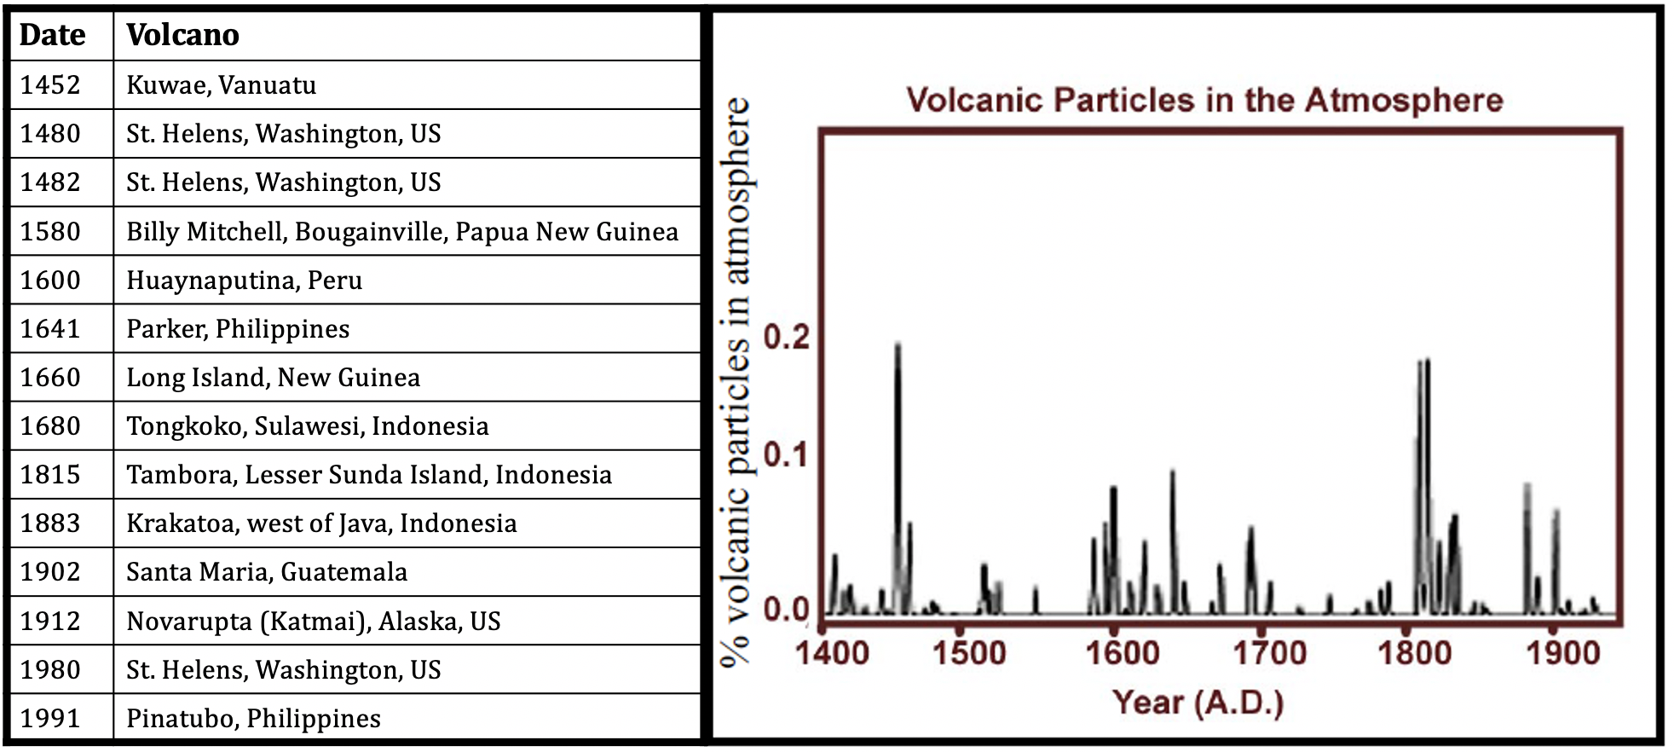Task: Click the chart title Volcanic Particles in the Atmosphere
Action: pyautogui.click(x=1204, y=100)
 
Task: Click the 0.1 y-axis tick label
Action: pyautogui.click(x=786, y=454)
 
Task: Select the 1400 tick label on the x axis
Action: pyautogui.click(x=832, y=653)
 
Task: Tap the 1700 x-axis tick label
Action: pyautogui.click(x=1270, y=653)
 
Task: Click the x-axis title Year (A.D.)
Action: pyautogui.click(x=1198, y=703)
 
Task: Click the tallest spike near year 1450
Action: pyautogui.click(x=898, y=477)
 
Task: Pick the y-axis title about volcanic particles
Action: pyautogui.click(x=736, y=382)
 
